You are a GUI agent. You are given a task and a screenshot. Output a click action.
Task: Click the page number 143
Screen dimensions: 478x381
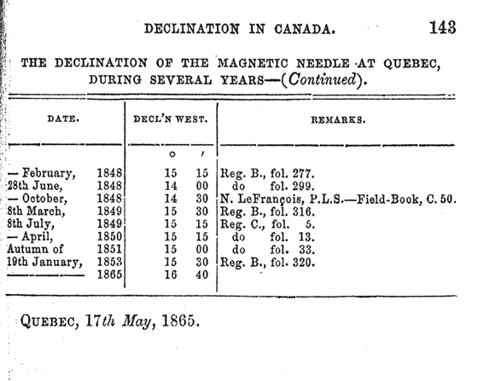[443, 27]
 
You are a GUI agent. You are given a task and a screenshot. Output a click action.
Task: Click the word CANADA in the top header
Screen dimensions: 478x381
[305, 29]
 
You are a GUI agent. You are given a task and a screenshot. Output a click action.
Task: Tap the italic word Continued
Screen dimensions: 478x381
[323, 79]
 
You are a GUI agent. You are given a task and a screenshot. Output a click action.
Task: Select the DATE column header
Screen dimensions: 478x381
[63, 118]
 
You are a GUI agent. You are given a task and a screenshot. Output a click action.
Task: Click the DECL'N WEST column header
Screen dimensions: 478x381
[171, 119]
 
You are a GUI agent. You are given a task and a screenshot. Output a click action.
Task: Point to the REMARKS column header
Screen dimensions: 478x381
[338, 120]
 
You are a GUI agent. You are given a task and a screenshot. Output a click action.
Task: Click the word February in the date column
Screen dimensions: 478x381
[49, 174]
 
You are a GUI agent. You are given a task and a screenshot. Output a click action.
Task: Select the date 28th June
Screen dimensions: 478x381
[35, 186]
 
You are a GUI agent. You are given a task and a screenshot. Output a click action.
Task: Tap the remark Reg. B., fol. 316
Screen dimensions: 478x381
[267, 211]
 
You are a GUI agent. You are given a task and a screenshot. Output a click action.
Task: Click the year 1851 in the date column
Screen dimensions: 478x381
[109, 249]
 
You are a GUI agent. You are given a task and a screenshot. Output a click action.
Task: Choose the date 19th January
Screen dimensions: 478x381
[44, 262]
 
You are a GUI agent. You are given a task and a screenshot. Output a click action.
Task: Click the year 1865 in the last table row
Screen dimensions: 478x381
[109, 274]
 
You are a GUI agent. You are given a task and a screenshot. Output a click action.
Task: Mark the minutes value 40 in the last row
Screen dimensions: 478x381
[201, 274]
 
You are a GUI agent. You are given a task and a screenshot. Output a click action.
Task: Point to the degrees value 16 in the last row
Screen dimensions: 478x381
[171, 274]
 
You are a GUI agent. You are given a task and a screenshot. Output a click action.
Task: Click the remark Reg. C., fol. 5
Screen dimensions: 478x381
[267, 224]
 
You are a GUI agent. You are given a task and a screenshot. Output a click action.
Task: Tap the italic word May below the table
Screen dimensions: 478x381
[137, 321]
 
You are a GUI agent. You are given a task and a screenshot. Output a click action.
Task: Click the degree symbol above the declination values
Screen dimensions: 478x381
[172, 154]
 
